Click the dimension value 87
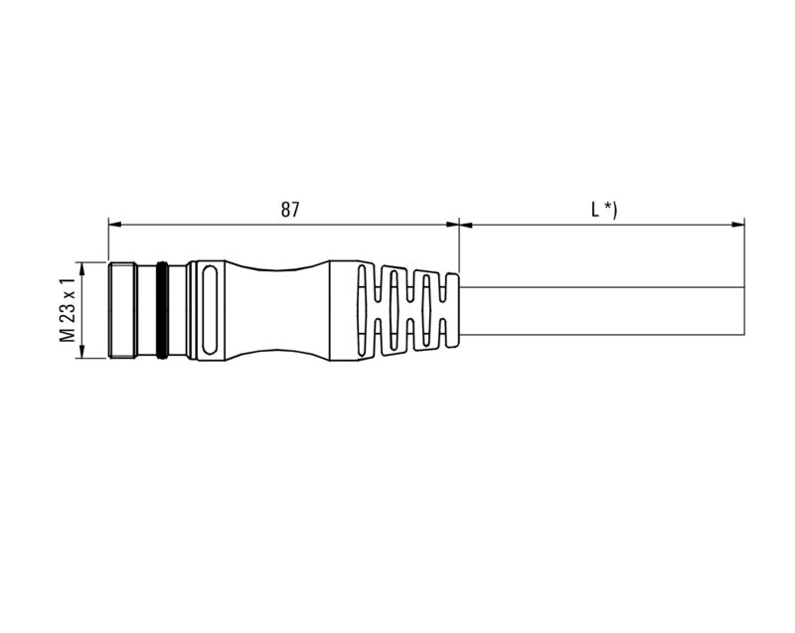289,210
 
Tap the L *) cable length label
603,210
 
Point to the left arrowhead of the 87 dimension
113,225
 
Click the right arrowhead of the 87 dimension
453,225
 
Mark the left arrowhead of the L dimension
465,225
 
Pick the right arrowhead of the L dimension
739,225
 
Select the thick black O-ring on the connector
161,309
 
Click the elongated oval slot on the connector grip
211,309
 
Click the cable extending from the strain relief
596,309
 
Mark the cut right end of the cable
744,309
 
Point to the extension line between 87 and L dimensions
459,243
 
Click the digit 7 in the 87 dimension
295,210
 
